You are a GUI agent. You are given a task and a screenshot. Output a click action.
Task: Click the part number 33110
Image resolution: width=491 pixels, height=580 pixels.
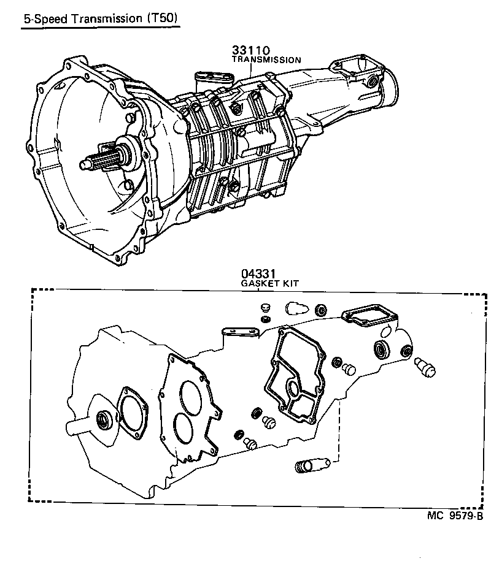tap(252, 50)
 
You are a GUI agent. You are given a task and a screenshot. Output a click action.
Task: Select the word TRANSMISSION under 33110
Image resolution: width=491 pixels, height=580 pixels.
tap(266, 60)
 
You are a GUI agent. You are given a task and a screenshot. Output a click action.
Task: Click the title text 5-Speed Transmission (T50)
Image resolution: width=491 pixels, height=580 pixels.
tap(100, 18)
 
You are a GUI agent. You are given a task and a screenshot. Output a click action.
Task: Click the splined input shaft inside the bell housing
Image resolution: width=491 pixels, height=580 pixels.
tap(98, 161)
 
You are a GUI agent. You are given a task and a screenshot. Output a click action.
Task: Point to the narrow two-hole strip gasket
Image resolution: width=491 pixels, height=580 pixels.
tap(240, 330)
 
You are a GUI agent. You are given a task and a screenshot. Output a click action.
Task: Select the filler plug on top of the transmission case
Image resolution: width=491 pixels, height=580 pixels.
tap(237, 109)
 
